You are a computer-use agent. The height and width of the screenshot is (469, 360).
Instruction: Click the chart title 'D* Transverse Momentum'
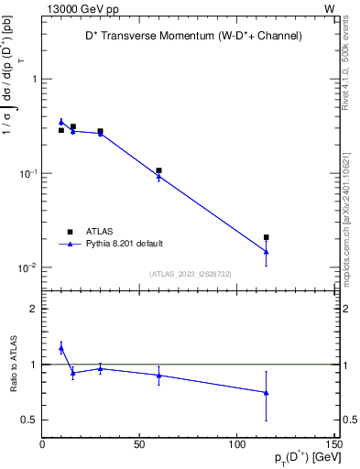point(188,36)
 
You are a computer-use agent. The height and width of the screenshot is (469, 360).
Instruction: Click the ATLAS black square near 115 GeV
point(266,237)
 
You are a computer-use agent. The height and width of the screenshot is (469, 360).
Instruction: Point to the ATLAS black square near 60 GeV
point(158,170)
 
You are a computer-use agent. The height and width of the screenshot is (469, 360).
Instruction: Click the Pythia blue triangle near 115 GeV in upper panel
point(266,252)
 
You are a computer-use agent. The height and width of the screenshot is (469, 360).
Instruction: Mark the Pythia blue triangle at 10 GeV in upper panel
point(61,122)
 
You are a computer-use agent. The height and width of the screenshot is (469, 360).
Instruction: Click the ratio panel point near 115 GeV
point(266,392)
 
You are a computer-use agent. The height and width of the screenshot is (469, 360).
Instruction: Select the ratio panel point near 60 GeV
point(158,375)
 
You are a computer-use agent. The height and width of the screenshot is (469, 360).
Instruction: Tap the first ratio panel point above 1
point(61,348)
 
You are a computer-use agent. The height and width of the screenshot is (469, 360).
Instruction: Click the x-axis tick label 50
point(139,445)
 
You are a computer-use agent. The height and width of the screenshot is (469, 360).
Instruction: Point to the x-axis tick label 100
point(236,445)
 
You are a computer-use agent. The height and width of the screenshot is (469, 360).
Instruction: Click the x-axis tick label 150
point(333,445)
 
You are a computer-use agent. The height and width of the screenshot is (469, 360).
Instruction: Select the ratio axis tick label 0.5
point(29,420)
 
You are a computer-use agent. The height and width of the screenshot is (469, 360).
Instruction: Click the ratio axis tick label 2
point(33,309)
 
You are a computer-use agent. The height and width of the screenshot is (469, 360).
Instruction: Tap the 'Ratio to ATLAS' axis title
point(12,365)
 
